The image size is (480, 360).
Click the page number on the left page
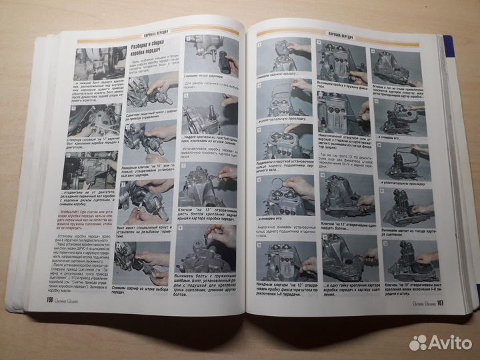pyautogui.click(x=49, y=301)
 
